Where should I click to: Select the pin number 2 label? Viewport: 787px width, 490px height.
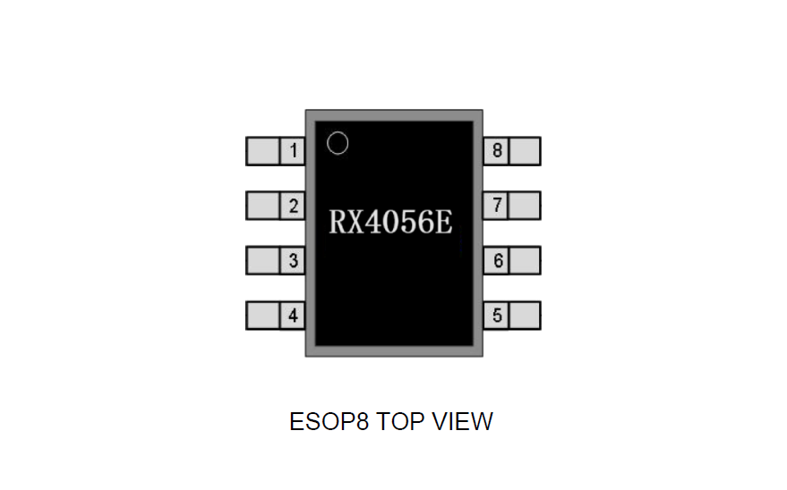coord(294,206)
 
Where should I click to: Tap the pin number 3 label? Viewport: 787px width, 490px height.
coord(294,260)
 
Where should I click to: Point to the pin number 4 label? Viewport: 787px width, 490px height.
coord(293,316)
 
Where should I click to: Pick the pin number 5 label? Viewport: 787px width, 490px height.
coord(497,316)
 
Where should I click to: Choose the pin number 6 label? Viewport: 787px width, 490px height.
coord(498,260)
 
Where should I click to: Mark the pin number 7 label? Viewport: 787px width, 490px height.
coord(497,205)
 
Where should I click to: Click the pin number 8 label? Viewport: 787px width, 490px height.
coord(497,150)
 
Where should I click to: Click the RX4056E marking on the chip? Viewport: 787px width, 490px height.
coord(390,222)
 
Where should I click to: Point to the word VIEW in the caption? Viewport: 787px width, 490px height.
coord(463,421)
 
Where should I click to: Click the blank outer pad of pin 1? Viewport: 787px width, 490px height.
coord(263,151)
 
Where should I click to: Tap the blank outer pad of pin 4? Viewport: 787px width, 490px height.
coord(263,316)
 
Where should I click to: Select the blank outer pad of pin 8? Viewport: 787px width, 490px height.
coord(525,151)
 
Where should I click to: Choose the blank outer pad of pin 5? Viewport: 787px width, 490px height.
coord(525,316)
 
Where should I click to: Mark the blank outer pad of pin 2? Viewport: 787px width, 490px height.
coord(263,206)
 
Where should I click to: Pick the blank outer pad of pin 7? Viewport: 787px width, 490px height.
coord(525,206)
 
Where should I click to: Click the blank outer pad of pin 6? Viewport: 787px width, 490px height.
coord(525,260)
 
